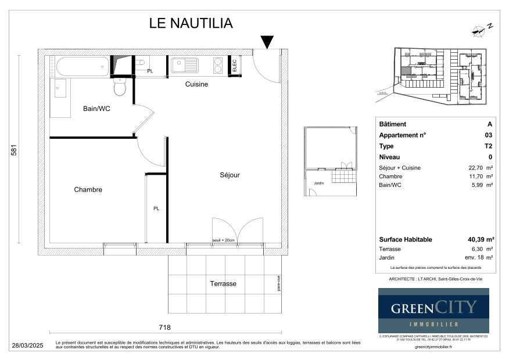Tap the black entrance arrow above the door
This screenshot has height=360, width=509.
click(x=267, y=42)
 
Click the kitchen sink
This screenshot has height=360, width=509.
click(x=185, y=64)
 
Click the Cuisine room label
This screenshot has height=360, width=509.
click(x=196, y=84)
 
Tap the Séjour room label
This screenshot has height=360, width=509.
click(x=230, y=175)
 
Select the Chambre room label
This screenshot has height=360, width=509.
click(x=88, y=190)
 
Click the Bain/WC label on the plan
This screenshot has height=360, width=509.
click(x=96, y=109)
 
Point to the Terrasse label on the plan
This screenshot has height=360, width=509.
click(x=223, y=284)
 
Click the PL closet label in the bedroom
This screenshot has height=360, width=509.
click(x=156, y=208)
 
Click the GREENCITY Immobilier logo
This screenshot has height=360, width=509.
click(x=433, y=311)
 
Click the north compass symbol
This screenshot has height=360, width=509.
click(x=481, y=27)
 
